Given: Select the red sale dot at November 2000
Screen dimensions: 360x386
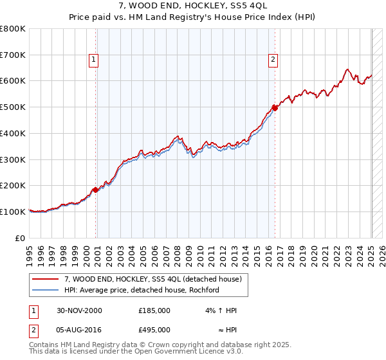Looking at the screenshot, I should (95, 190).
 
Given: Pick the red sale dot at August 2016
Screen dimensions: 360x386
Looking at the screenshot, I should (275, 108).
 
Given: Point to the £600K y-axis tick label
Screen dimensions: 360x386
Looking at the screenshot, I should (13, 81).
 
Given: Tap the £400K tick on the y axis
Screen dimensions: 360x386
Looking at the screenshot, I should (13, 133).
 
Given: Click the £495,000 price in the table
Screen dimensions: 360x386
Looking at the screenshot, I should (154, 330).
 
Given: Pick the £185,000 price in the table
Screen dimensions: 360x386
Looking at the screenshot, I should (154, 310).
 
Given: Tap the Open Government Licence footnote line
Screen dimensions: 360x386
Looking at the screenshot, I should (136, 352).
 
